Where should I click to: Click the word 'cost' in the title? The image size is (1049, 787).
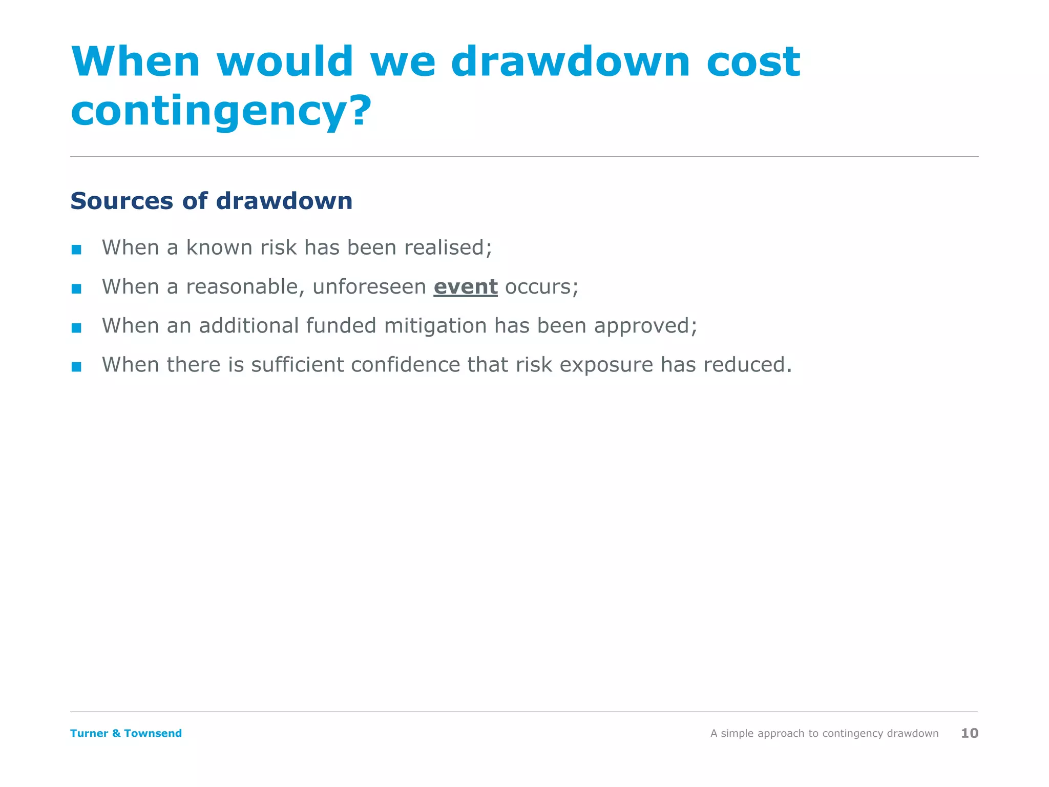[x=753, y=61]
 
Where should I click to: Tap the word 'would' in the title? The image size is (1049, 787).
[x=285, y=61]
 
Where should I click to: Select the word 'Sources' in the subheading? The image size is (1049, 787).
[x=122, y=201]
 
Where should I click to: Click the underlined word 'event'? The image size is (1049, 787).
[x=466, y=287]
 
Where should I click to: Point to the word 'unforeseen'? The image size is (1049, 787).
[x=369, y=287]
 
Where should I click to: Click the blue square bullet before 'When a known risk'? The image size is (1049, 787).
[x=76, y=250]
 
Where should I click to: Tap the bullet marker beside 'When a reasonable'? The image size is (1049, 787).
[x=76, y=289]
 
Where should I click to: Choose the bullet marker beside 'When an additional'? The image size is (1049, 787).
[x=76, y=328]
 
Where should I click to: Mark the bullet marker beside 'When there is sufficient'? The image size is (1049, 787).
[x=76, y=367]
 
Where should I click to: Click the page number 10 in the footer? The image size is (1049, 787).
[x=970, y=733]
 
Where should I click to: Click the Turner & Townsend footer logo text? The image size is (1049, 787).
[x=126, y=733]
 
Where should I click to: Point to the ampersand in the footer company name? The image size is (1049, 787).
[x=116, y=733]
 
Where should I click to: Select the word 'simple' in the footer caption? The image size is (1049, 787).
[x=737, y=734]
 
